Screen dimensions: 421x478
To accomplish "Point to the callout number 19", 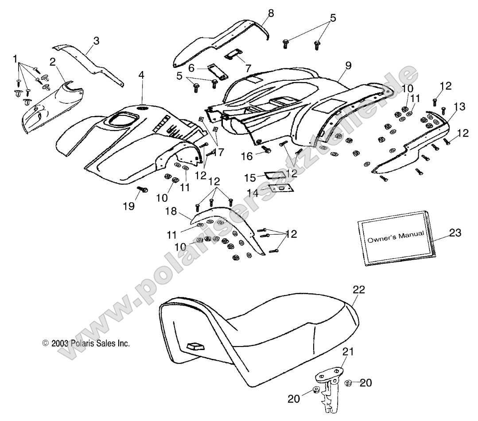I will click(x=128, y=206).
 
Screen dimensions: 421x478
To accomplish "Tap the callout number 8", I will click(x=271, y=13).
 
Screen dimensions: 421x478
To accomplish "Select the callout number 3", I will click(x=96, y=41).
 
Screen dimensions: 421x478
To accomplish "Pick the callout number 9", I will click(x=348, y=66).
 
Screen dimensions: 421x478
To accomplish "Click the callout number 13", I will click(x=459, y=106).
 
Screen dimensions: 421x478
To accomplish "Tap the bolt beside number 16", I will click(x=267, y=151).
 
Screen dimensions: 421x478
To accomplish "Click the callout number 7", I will click(x=248, y=68).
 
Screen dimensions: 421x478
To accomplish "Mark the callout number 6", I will click(x=191, y=68).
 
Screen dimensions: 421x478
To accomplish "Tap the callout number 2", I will click(x=52, y=62).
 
